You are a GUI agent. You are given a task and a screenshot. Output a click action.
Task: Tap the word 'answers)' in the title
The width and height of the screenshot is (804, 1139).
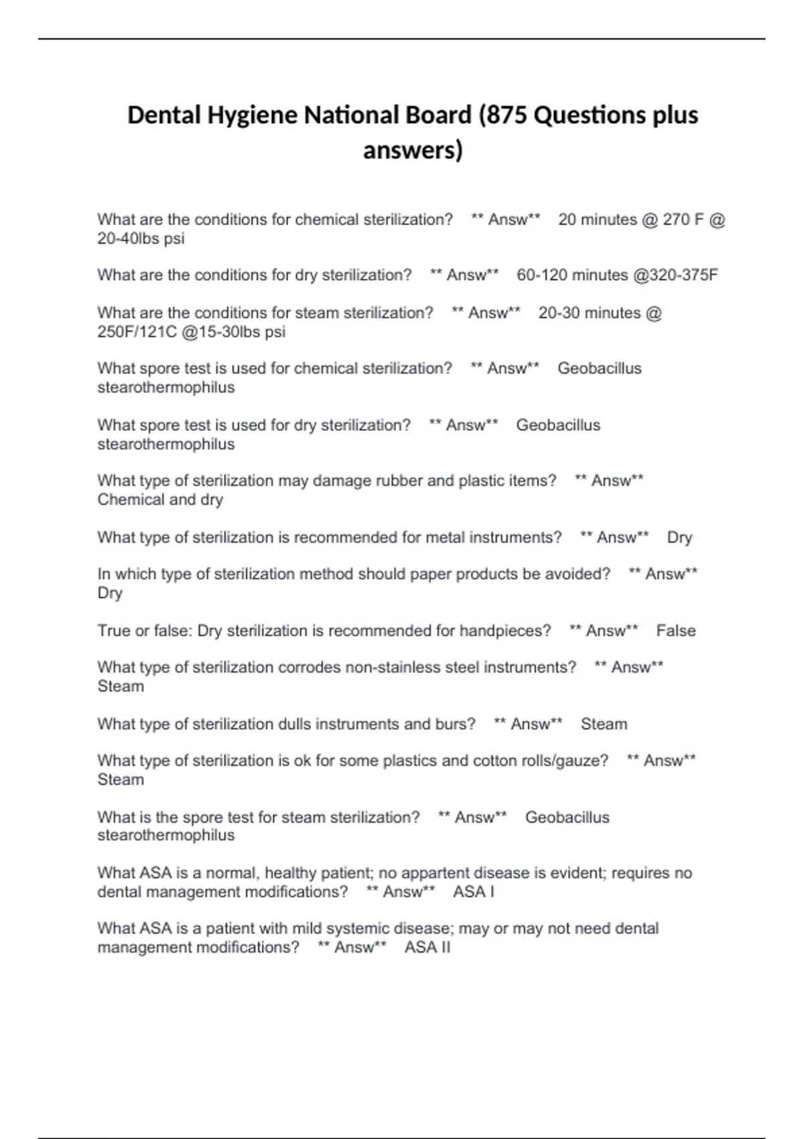[413, 150]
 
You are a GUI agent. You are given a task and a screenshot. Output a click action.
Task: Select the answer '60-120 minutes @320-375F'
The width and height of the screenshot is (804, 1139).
[617, 275]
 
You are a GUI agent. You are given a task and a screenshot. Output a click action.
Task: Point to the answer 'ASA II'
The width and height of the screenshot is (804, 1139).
[427, 947]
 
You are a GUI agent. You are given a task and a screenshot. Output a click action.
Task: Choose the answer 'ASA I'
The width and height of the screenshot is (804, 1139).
[474, 892]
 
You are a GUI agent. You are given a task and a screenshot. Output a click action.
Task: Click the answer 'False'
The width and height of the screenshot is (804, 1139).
[675, 630]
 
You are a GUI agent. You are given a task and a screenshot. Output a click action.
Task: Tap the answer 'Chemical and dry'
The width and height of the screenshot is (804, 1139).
[160, 500]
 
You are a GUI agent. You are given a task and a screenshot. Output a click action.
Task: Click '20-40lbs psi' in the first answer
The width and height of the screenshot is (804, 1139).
[141, 239]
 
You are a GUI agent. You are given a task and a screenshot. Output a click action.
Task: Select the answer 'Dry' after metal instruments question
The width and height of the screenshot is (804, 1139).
[679, 537]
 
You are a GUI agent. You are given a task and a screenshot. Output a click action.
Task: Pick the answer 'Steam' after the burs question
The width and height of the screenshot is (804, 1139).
[604, 724]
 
